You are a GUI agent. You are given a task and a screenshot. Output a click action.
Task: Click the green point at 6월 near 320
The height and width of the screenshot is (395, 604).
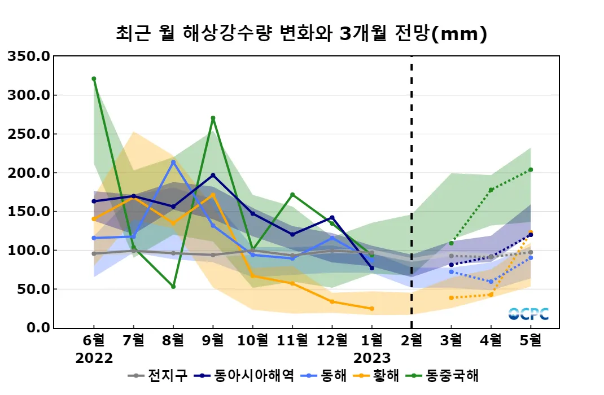point(94,78)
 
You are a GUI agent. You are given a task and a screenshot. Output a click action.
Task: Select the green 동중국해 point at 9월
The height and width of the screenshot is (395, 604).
point(213,118)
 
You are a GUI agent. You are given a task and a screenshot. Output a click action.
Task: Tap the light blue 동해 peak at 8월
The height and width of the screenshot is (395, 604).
point(173,162)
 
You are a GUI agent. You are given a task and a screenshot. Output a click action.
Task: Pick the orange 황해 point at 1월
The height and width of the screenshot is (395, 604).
point(371,309)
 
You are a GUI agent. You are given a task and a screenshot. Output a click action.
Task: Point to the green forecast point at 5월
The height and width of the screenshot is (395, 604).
point(531,170)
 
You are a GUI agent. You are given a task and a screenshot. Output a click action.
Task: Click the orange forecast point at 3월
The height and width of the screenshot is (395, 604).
point(451,297)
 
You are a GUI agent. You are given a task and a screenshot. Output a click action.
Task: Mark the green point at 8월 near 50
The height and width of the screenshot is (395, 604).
point(173,287)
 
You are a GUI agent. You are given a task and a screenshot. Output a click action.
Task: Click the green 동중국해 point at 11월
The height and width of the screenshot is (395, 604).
point(292,195)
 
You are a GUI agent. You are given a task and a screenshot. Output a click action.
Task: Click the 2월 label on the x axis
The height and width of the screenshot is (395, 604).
point(412,340)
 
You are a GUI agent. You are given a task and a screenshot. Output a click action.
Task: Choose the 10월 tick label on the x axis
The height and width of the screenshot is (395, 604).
point(252,340)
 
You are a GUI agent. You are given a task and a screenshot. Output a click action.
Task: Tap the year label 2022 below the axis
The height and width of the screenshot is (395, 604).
point(94,358)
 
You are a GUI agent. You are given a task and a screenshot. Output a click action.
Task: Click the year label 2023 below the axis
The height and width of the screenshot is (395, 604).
point(372,358)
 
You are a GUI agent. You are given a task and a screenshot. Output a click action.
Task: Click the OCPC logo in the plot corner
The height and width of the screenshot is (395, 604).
point(529,314)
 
